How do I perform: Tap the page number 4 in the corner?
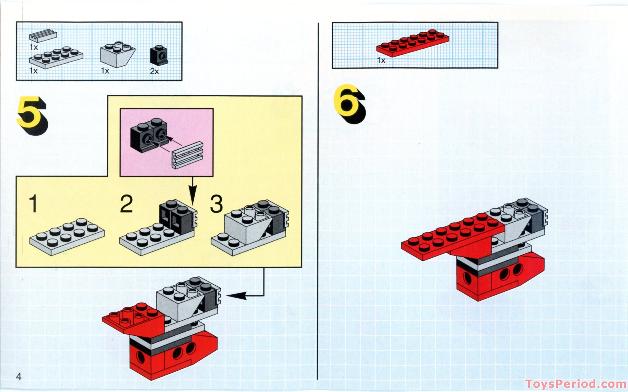(x=19, y=376)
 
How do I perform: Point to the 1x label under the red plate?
(x=381, y=60)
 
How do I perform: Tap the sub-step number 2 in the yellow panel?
(x=126, y=204)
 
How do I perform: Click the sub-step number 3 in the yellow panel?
(x=216, y=204)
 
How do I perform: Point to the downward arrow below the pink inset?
(x=192, y=194)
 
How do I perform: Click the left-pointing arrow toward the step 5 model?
(x=237, y=296)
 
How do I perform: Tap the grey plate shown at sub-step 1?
(x=67, y=236)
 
